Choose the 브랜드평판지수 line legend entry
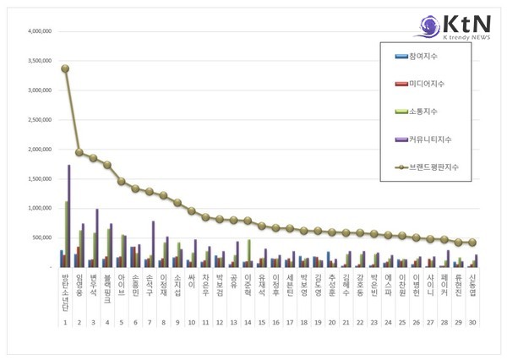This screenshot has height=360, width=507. tap(431, 167)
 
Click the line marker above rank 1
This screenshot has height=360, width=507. tap(65, 68)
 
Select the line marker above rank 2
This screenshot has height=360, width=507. tap(79, 153)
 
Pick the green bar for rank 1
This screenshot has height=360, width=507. tap(67, 233)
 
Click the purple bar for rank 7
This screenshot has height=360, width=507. tap(154, 243)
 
